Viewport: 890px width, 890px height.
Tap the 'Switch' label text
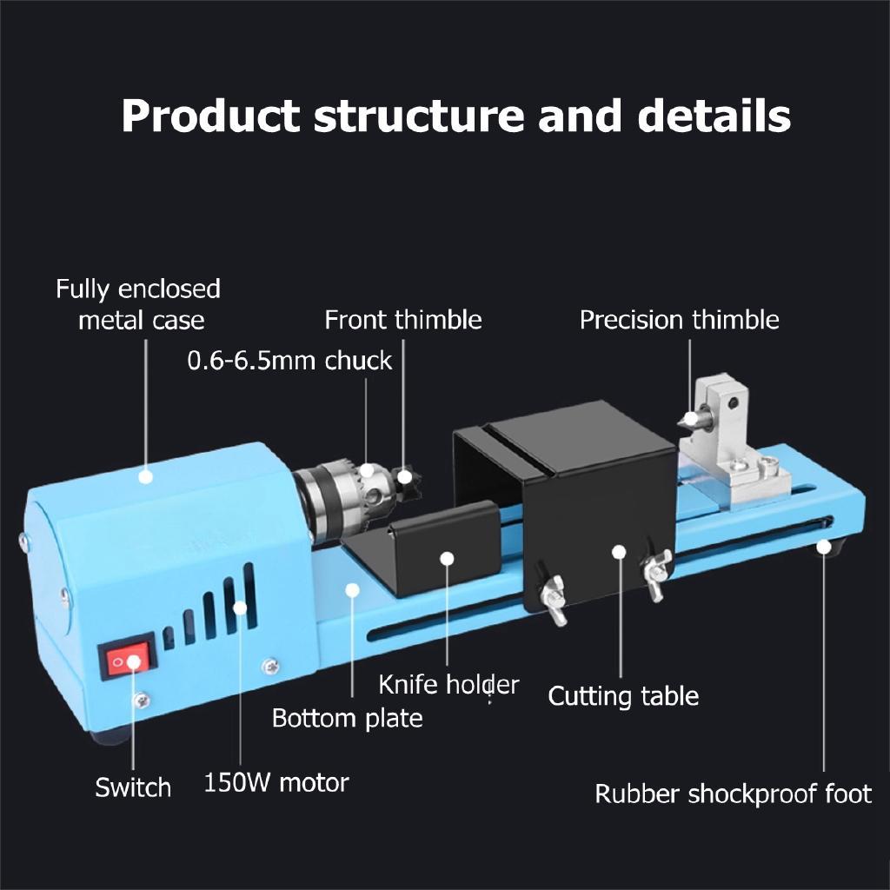[133, 788]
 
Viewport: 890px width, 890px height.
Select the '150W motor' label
[276, 782]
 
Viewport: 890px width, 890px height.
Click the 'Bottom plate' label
[347, 719]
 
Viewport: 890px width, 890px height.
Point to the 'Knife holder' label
[448, 685]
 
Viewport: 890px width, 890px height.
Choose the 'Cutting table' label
[623, 696]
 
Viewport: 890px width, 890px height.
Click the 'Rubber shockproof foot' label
[733, 794]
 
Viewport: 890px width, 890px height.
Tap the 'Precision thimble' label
[679, 320]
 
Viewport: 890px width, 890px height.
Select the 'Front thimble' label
[402, 320]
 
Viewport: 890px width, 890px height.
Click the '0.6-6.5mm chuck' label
[289, 361]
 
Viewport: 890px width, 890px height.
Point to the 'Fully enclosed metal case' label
[139, 304]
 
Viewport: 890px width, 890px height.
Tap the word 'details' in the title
[714, 116]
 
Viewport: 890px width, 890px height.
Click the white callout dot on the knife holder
[447, 557]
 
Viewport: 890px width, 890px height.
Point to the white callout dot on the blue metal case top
[146, 476]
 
